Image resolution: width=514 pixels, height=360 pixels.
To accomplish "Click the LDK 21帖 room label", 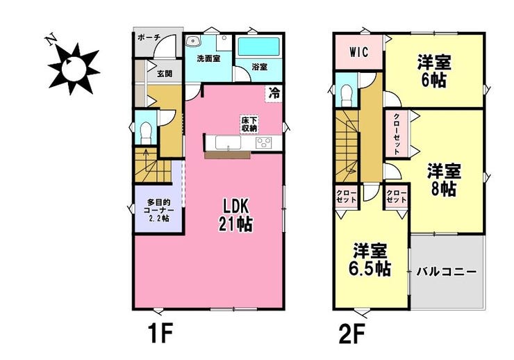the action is [235, 215].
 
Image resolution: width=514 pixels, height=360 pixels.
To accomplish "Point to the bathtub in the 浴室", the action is [258, 47].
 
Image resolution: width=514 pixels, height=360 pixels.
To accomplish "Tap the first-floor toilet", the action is [145, 133].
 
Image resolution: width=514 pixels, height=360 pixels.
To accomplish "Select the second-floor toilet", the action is [346, 95].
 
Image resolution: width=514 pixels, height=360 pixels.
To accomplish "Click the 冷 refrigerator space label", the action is [274, 93].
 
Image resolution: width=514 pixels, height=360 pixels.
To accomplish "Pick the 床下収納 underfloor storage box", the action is [249, 124].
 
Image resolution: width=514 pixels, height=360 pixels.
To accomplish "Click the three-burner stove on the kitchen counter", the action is [264, 142].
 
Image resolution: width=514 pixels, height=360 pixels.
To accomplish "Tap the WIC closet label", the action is [358, 52].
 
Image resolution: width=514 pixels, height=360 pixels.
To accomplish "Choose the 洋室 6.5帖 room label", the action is [370, 261].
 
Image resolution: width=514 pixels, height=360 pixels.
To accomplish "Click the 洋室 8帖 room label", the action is [444, 180].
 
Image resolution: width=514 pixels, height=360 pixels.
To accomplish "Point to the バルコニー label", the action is [447, 272].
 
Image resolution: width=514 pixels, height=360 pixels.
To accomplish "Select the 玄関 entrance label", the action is [164, 74].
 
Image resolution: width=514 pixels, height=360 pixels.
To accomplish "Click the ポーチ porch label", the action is [148, 37].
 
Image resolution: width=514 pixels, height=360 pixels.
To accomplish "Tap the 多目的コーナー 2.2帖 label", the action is [158, 211].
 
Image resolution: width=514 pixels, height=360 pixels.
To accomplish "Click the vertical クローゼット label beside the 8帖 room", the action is [396, 133].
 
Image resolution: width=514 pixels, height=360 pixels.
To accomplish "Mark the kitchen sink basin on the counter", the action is [228, 143].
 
